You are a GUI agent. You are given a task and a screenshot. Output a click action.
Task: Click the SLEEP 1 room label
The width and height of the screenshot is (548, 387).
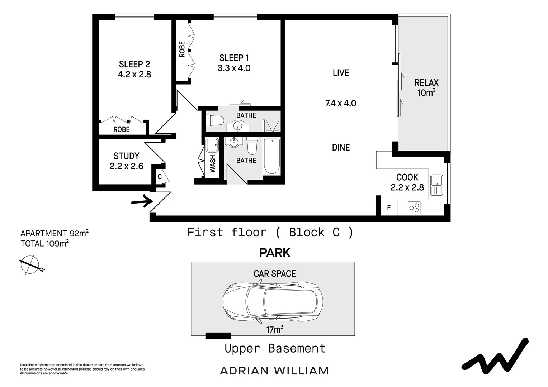click(x=234, y=58)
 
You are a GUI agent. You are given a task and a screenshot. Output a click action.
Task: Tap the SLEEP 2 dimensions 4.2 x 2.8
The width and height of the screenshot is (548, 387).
click(x=134, y=75)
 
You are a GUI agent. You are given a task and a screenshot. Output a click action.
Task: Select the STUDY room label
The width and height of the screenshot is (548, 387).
click(x=126, y=156)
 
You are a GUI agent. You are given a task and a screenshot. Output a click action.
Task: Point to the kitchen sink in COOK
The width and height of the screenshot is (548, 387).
click(x=436, y=185)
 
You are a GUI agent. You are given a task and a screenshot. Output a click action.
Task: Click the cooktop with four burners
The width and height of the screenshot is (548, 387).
click(x=414, y=208)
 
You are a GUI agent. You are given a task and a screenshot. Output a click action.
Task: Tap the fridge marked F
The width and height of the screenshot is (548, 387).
click(x=389, y=208)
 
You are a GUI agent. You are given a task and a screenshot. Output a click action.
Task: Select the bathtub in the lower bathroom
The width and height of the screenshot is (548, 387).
click(x=271, y=157)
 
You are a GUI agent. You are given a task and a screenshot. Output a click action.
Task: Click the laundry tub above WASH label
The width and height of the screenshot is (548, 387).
click(x=212, y=145)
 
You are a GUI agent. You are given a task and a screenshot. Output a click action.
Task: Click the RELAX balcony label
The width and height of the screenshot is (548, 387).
click(x=426, y=83)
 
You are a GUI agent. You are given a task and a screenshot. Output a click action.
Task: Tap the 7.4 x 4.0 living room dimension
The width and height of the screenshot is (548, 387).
click(x=341, y=104)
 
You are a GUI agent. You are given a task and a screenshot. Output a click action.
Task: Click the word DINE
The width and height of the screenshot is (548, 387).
click(x=341, y=147)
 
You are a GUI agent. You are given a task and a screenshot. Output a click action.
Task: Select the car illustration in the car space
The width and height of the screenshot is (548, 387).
click(x=273, y=300)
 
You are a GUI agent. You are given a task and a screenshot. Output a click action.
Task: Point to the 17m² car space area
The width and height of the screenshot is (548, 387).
click(x=274, y=329)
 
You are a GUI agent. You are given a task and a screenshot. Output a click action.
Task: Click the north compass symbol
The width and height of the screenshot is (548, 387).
click(x=30, y=265)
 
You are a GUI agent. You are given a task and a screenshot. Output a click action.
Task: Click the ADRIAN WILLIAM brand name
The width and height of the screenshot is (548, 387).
click(x=274, y=371)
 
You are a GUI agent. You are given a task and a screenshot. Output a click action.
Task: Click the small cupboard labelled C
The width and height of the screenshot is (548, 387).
click(x=160, y=177)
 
